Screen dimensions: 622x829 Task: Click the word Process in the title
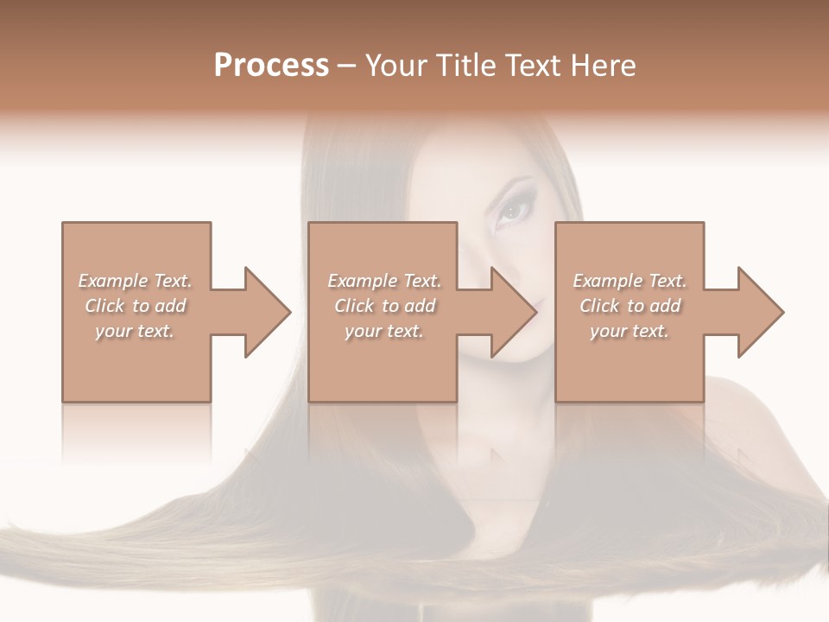271,66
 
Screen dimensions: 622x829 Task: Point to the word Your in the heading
396,66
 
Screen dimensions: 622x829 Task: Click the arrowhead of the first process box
267,312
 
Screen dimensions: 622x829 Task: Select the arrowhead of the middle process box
513,312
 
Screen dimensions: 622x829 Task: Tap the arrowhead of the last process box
760,312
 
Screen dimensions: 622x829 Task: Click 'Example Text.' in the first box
135,281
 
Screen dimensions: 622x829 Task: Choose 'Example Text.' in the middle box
384,281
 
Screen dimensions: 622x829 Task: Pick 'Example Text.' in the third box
630,281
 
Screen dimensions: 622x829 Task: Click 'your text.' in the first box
135,331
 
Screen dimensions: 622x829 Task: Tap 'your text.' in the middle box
384,331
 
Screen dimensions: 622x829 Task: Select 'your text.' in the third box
630,331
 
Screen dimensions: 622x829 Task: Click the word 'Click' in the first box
104,306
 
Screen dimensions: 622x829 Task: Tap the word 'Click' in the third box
600,306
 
